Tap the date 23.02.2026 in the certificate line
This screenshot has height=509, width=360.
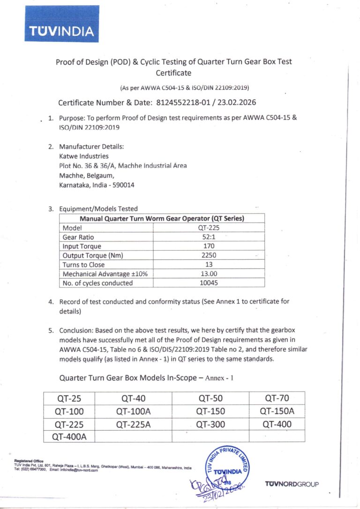click(x=237, y=103)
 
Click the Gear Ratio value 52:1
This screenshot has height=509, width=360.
click(x=209, y=237)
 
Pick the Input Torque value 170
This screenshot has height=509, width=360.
click(x=209, y=246)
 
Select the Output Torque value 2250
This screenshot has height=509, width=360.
click(x=209, y=255)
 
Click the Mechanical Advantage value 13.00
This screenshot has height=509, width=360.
click(x=209, y=274)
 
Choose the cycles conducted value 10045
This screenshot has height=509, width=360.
click(x=209, y=283)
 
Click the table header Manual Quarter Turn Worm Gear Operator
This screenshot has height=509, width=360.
click(x=162, y=218)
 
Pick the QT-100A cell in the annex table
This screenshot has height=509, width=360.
click(x=133, y=412)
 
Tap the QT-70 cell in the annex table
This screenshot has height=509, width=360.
click(x=277, y=398)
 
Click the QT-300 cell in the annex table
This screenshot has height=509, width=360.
click(x=210, y=424)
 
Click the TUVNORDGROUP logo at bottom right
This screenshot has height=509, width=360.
click(x=292, y=484)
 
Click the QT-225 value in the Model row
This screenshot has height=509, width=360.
click(x=209, y=228)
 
